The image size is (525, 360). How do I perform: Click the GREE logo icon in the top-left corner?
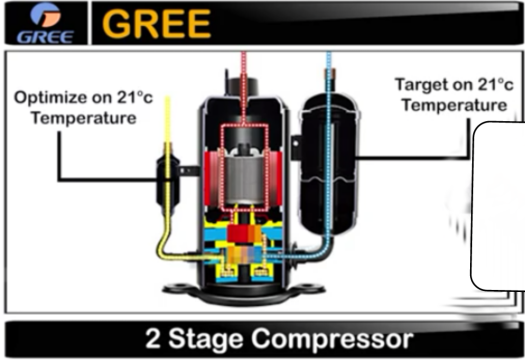(x=45, y=22)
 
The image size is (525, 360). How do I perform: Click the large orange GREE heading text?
(x=156, y=23)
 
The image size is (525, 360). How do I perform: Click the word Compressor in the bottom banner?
(x=331, y=339)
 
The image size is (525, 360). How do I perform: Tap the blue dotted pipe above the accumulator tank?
(x=329, y=70)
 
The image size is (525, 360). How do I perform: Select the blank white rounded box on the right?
(x=497, y=205)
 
